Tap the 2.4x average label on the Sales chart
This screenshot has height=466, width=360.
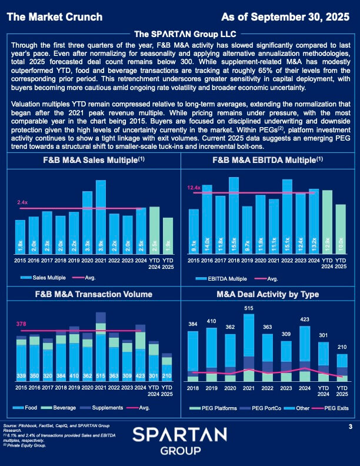[22, 202]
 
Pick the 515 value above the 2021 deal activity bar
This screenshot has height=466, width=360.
[249, 308]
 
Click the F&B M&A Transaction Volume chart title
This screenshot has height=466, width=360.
[90, 294]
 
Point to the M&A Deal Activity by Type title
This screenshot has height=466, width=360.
[268, 294]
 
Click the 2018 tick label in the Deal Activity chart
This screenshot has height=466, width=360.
[192, 389]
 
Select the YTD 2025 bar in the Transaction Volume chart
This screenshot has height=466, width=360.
[167, 368]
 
